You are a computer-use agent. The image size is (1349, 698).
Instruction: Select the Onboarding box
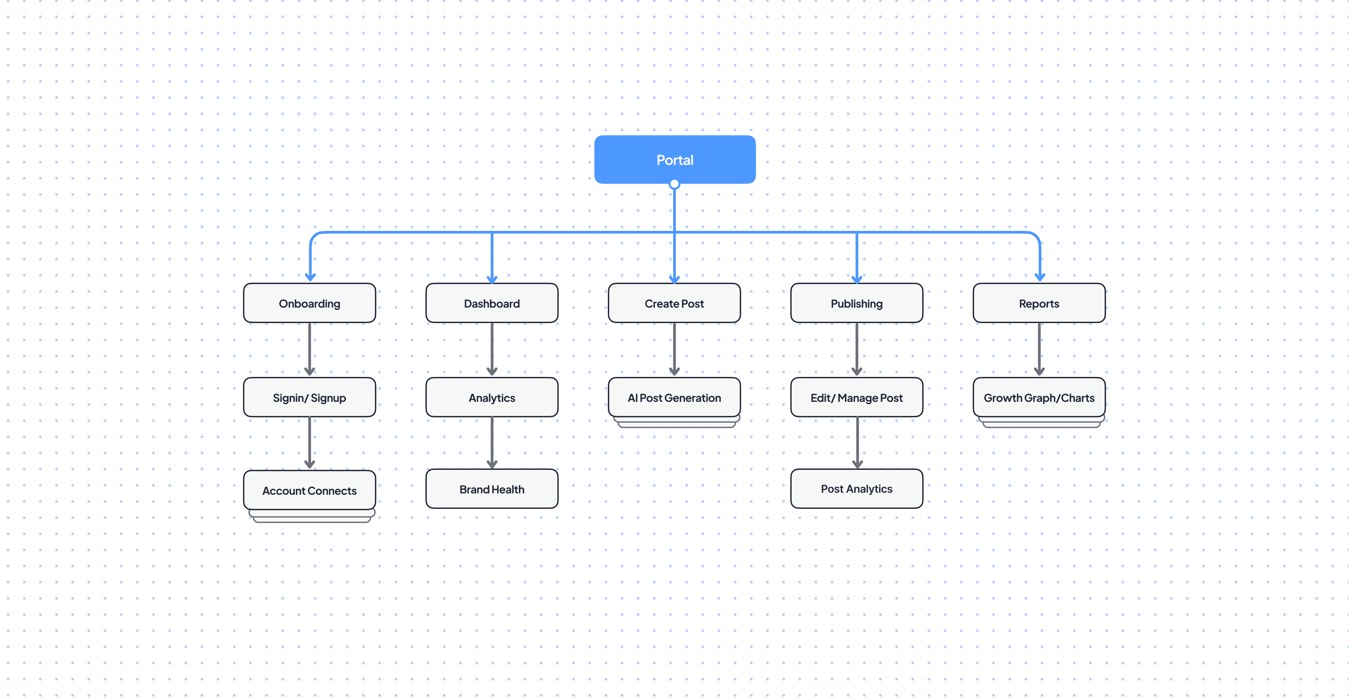click(309, 303)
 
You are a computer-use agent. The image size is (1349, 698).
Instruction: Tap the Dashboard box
click(492, 303)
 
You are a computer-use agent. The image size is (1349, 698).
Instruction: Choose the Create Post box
click(674, 303)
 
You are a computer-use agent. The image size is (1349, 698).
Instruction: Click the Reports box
click(1039, 303)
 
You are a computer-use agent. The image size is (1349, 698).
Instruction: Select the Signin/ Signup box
click(309, 397)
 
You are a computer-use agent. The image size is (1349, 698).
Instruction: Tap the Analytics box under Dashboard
click(492, 397)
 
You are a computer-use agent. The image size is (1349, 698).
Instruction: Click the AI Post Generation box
click(674, 397)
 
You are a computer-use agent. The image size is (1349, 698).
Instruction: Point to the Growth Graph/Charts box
click(1039, 397)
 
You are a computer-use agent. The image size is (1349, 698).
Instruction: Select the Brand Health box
click(492, 488)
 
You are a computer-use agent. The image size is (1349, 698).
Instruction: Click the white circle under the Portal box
click(674, 184)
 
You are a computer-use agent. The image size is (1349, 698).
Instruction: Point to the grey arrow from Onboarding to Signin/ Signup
click(309, 349)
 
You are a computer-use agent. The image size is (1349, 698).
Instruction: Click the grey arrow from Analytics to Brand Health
click(492, 442)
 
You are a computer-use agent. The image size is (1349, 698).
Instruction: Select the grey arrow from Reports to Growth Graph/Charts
click(1039, 349)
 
